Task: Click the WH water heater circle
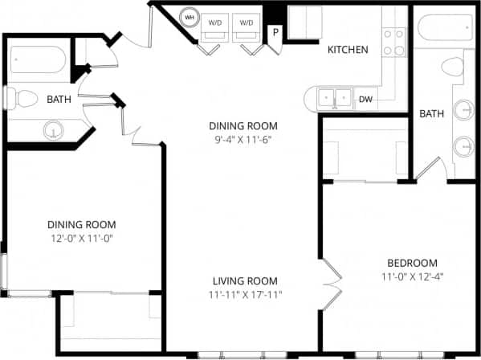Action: point(190,16)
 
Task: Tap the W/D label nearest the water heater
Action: point(215,23)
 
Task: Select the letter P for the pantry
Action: point(275,33)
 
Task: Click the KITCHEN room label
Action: point(348,50)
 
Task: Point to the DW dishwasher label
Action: point(365,100)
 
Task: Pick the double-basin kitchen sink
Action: point(335,99)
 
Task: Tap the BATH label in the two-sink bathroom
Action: point(431,114)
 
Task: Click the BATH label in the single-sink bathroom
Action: point(58,100)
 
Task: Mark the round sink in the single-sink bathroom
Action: point(54,129)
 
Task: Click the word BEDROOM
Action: point(412,263)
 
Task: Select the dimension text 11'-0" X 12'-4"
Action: point(412,277)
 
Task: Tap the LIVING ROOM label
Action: point(245,280)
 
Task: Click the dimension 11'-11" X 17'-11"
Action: point(245,295)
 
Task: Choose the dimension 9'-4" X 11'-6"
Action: point(243,140)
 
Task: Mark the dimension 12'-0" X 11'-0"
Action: point(81,239)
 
